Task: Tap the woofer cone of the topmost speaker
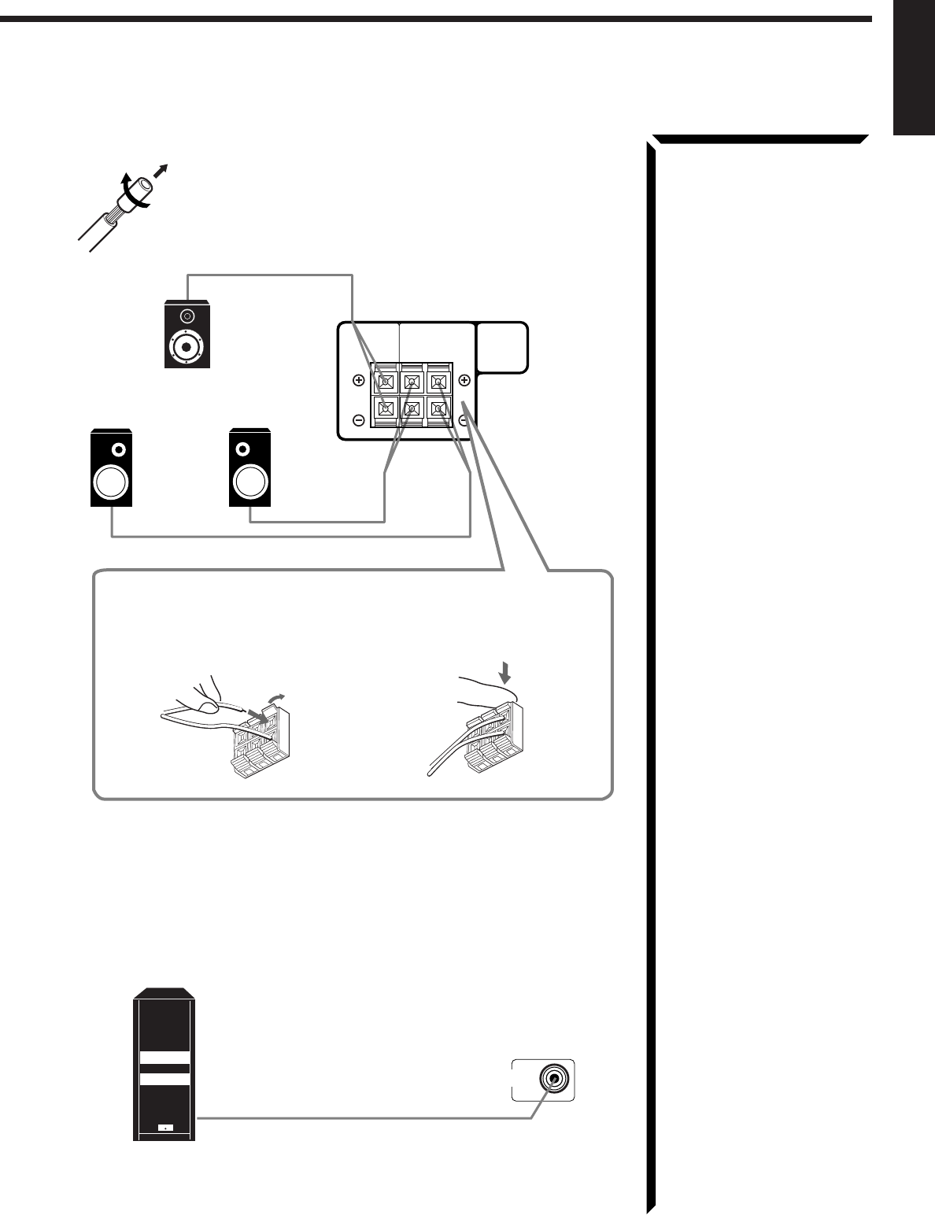point(187,347)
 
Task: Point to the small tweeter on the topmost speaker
point(187,316)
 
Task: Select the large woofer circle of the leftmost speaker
point(112,483)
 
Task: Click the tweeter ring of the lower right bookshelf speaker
point(244,449)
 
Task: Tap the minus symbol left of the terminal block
point(359,421)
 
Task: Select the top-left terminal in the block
point(385,382)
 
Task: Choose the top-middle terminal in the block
point(412,382)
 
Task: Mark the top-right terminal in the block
point(438,382)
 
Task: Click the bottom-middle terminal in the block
point(412,408)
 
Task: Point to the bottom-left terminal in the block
point(385,408)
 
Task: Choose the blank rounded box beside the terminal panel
point(502,347)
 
